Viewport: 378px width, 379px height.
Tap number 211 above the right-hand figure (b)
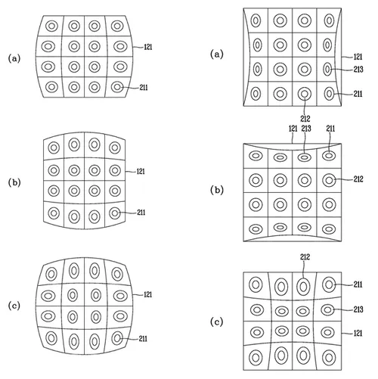pyautogui.click(x=330, y=129)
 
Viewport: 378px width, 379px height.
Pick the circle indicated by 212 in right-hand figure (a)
pyautogui.click(x=303, y=95)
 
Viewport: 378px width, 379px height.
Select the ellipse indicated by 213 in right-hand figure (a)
pyautogui.click(x=327, y=70)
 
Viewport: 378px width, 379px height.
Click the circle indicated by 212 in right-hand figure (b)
pyautogui.click(x=329, y=180)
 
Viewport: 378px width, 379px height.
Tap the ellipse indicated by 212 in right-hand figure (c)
pyautogui.click(x=303, y=286)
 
